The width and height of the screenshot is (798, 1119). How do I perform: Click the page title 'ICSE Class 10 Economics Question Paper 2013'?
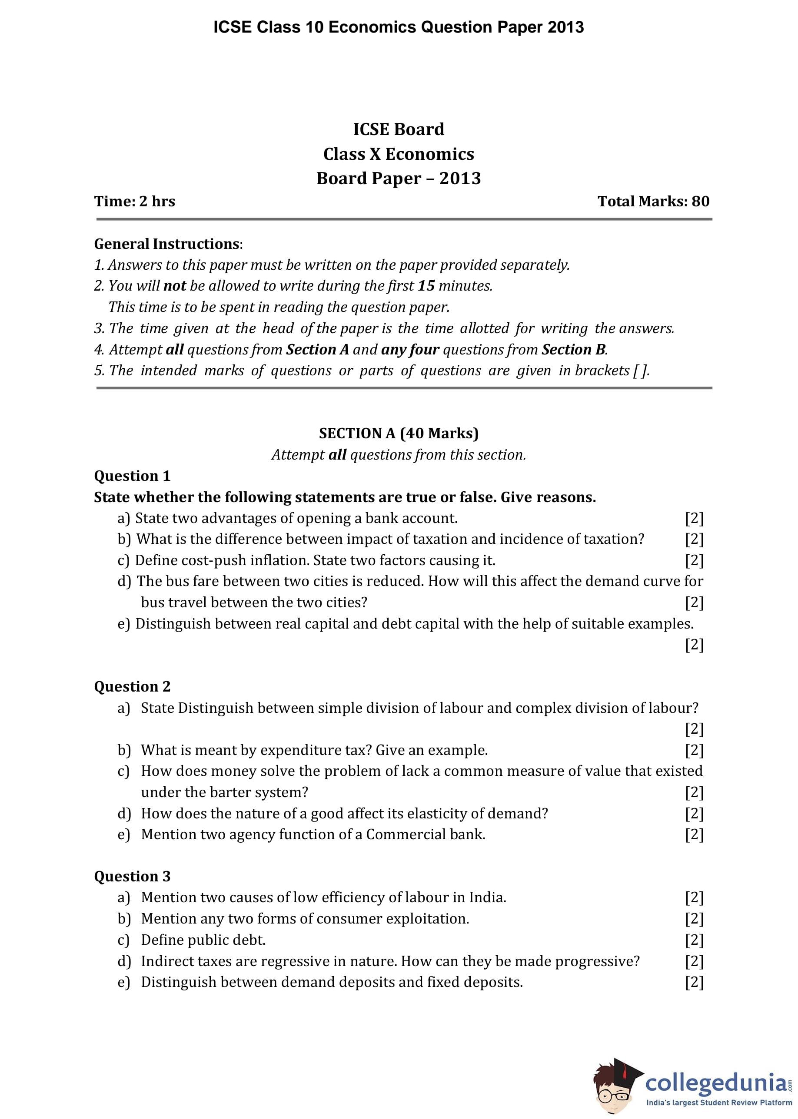click(x=399, y=27)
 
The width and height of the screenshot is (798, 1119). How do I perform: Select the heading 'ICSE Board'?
click(x=399, y=129)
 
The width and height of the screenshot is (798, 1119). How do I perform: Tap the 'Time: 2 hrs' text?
click(x=135, y=201)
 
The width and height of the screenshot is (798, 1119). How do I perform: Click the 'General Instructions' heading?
click(x=167, y=244)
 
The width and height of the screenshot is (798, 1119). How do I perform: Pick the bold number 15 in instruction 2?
click(x=426, y=286)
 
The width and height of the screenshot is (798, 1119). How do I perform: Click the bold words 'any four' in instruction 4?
click(x=410, y=350)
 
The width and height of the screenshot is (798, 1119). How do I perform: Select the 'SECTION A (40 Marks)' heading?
click(x=399, y=433)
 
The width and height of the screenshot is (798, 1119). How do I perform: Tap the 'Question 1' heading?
click(x=132, y=476)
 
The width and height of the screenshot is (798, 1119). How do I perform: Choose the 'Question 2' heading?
click(x=132, y=686)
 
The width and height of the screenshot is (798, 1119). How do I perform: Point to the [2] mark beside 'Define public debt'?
click(x=694, y=940)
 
